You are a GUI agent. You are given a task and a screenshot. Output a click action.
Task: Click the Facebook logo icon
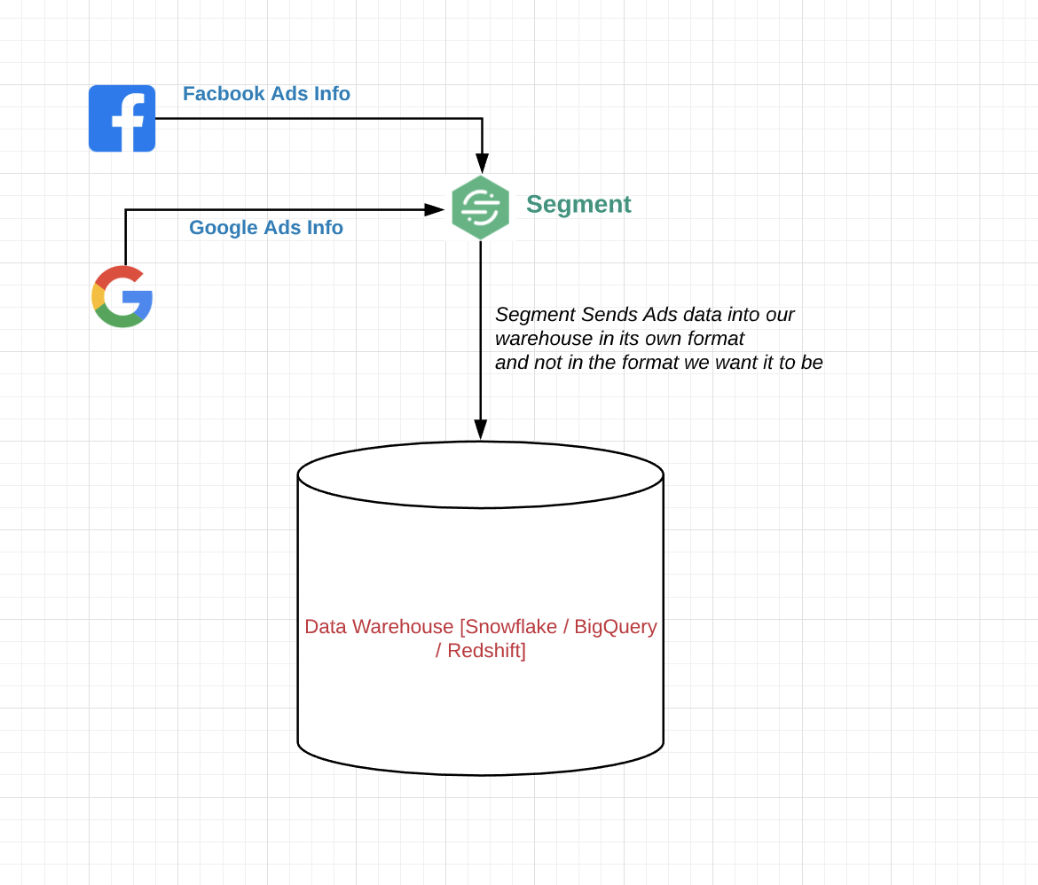pyautogui.click(x=122, y=118)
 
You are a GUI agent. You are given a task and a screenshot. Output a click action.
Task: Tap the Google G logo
pyautogui.click(x=122, y=296)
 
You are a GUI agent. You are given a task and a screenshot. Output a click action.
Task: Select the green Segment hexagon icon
pyautogui.click(x=480, y=208)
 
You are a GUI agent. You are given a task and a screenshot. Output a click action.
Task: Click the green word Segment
pyautogui.click(x=578, y=204)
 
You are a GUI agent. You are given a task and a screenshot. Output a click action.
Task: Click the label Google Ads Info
pyautogui.click(x=266, y=228)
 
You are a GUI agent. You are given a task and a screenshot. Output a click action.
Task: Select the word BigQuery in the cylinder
pyautogui.click(x=616, y=627)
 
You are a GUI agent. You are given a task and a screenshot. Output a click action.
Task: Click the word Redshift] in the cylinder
pyautogui.click(x=486, y=651)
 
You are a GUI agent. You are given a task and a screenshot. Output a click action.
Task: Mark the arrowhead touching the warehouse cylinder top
pyautogui.click(x=480, y=430)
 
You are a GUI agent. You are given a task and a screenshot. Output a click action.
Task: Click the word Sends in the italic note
pyautogui.click(x=605, y=315)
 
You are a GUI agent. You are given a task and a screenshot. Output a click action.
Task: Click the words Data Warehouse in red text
pyautogui.click(x=379, y=627)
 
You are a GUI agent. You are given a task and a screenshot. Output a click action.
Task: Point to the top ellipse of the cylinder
pyautogui.click(x=480, y=474)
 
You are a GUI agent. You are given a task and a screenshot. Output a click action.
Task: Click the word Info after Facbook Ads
pyautogui.click(x=332, y=94)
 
